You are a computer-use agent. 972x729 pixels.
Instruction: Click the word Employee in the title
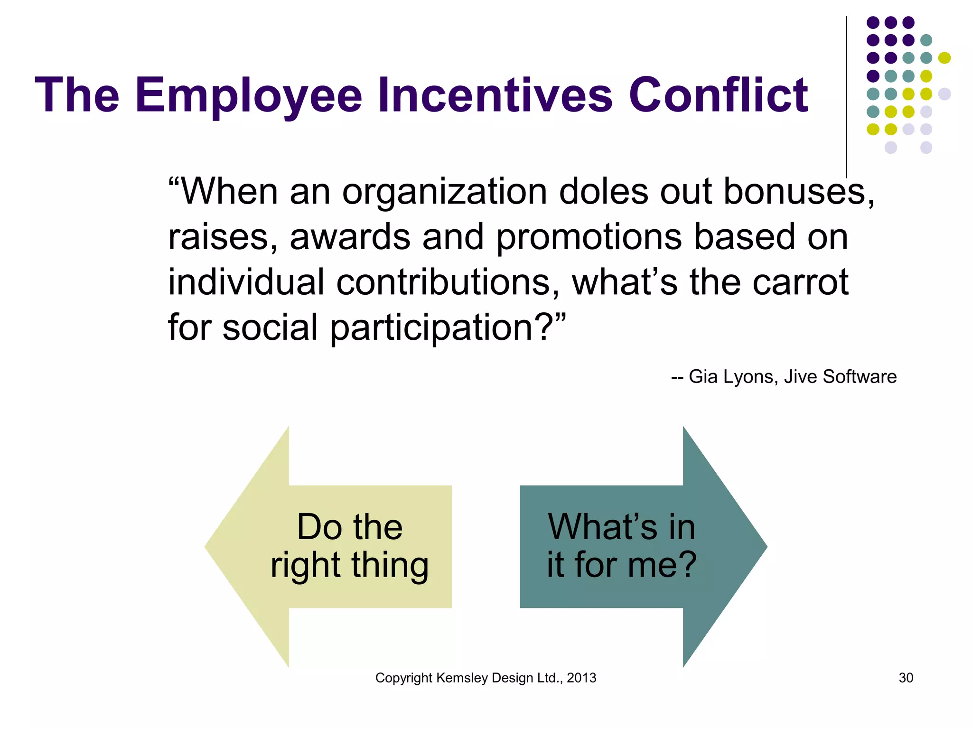pyautogui.click(x=249, y=96)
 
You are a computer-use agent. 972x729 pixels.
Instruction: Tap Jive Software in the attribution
pyautogui.click(x=840, y=376)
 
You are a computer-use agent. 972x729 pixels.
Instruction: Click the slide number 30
pyautogui.click(x=906, y=678)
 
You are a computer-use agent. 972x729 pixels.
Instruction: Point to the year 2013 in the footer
pyautogui.click(x=581, y=678)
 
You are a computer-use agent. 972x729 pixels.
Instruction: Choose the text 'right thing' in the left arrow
pyautogui.click(x=349, y=565)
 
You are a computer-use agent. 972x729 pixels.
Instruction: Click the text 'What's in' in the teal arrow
pyautogui.click(x=621, y=526)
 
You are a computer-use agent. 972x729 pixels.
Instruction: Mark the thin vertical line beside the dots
pyautogui.click(x=846, y=95)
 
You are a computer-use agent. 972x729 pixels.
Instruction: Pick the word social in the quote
pyautogui.click(x=270, y=327)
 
